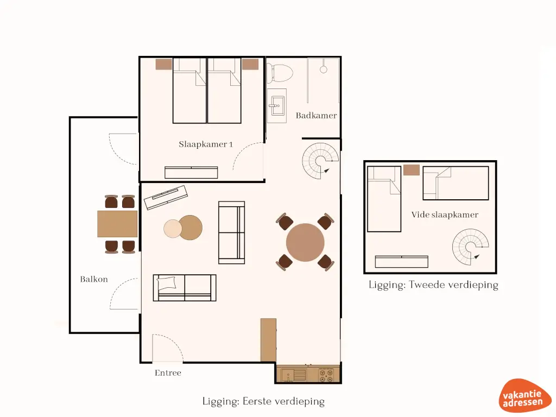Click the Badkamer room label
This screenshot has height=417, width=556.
[316, 116]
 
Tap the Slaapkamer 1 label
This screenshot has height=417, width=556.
[206, 144]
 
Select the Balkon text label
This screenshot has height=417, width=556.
[94, 280]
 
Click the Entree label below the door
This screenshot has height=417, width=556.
[168, 373]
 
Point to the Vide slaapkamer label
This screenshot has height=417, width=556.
[445, 215]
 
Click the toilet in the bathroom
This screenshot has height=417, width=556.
[280, 71]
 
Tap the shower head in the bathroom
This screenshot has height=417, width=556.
[324, 69]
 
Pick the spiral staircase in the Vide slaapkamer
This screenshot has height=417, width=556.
[470, 247]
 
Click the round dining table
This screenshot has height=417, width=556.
[305, 242]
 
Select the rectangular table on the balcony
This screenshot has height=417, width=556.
[117, 224]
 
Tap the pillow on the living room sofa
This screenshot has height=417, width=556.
[167, 283]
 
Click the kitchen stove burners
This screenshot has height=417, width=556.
[326, 376]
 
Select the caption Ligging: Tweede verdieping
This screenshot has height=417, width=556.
[433, 285]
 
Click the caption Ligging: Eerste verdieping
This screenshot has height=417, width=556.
[263, 402]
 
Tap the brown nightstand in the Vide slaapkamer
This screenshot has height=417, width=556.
[412, 170]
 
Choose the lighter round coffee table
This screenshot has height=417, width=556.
[173, 229]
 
